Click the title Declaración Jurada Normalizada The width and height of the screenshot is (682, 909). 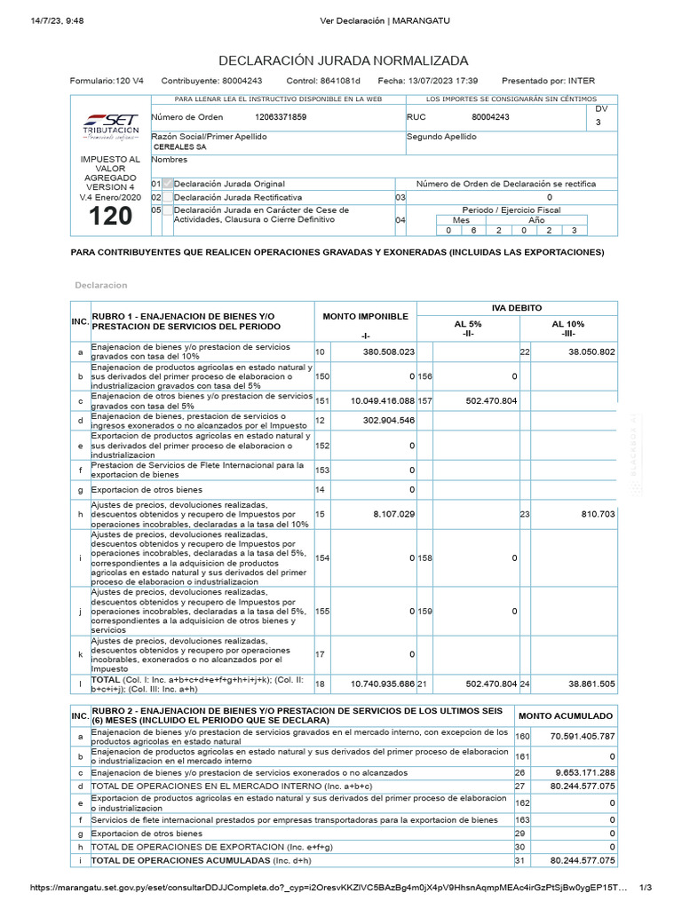(343, 60)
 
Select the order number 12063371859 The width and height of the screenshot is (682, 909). (281, 117)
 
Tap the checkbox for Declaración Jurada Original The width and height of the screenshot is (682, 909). (168, 184)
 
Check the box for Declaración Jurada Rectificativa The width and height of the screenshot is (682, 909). (168, 197)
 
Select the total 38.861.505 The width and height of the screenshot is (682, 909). (583, 684)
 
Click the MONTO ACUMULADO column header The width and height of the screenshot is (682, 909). (566, 715)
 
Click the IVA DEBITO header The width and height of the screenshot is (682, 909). (517, 306)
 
